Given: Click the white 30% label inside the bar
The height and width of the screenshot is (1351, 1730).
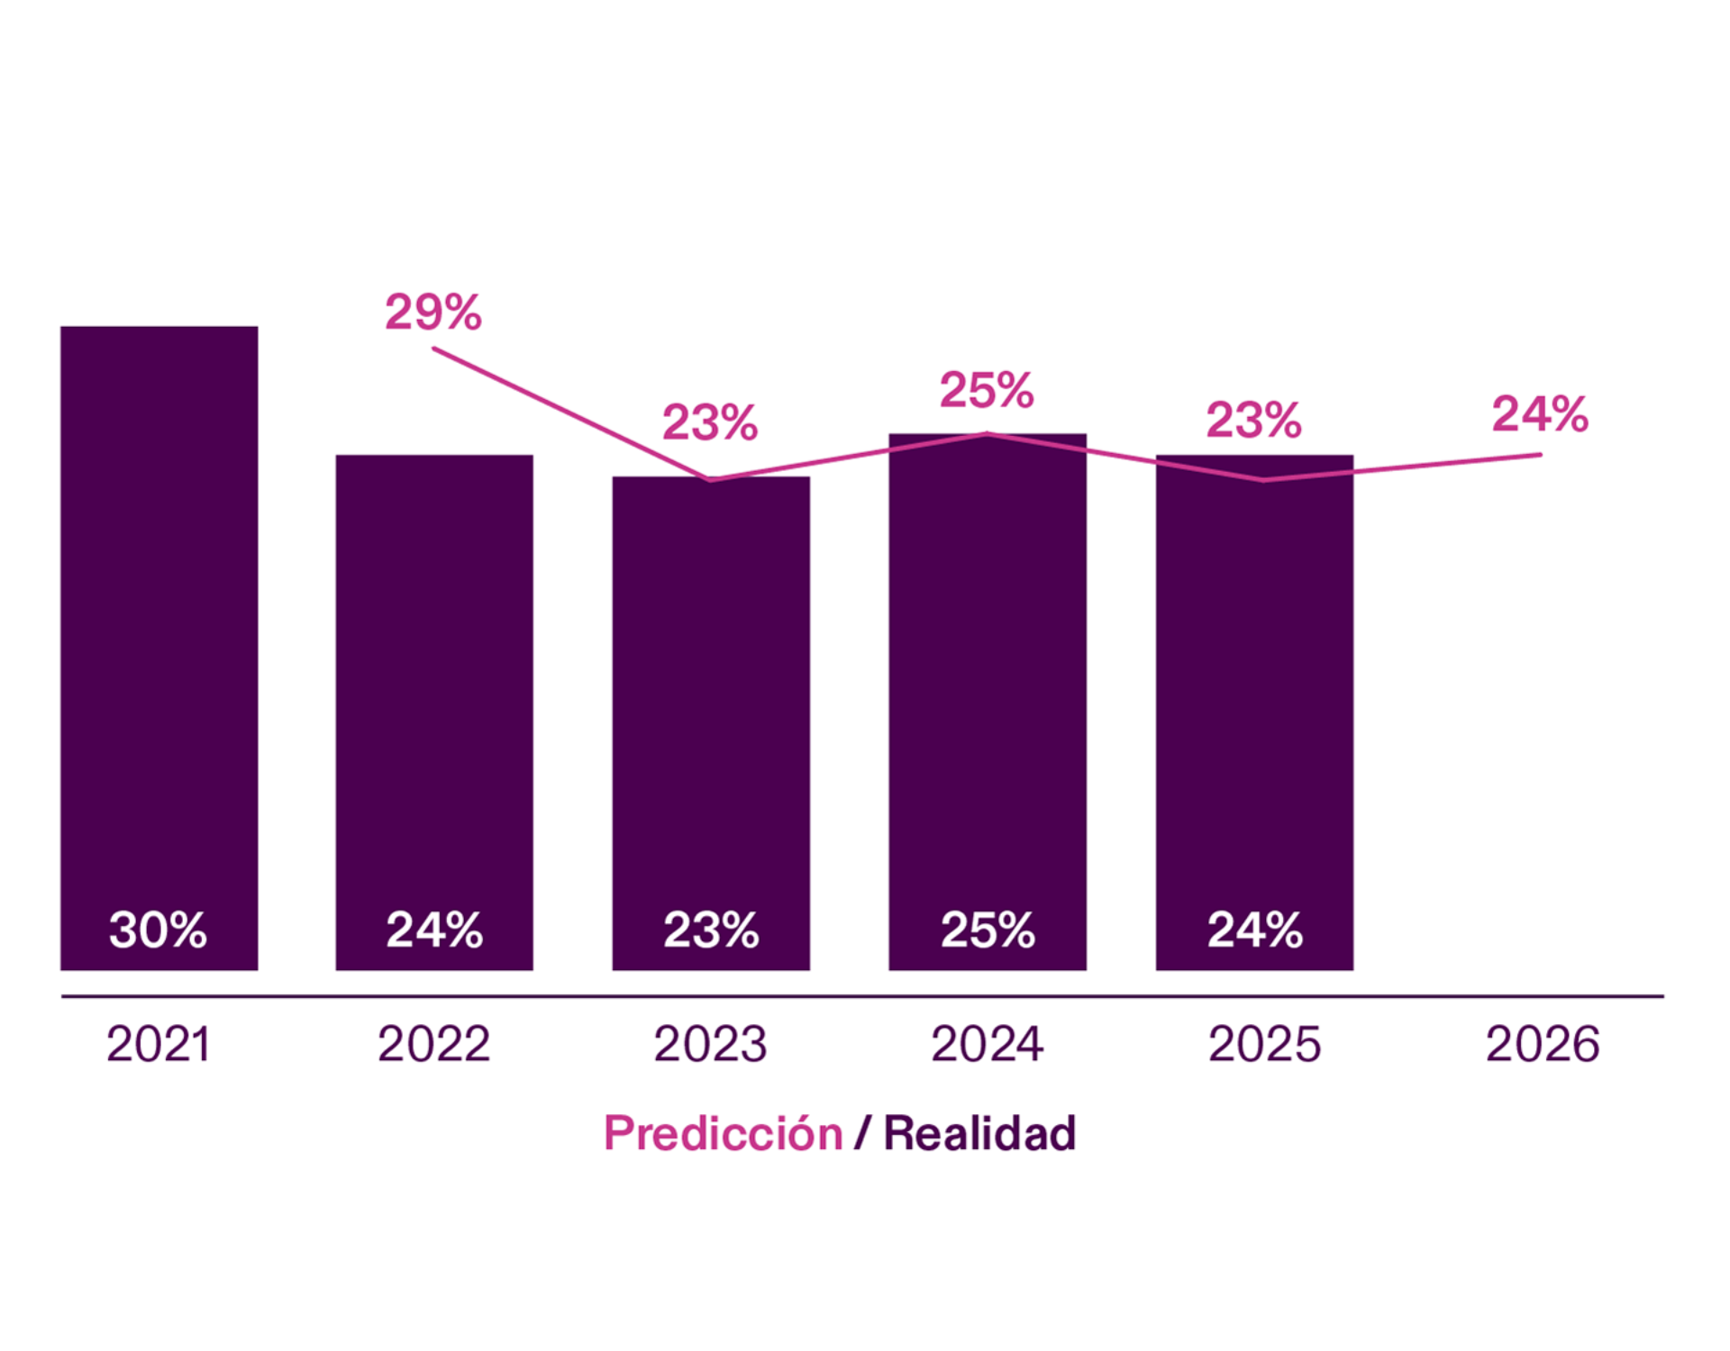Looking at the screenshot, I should [x=159, y=929].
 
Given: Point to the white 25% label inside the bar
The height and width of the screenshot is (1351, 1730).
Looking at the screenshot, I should [x=988, y=929].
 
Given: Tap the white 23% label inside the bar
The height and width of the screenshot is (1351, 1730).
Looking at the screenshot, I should [x=711, y=929].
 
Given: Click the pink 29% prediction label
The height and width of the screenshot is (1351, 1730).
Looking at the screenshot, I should [x=433, y=312].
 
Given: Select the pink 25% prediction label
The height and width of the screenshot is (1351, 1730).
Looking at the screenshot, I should [x=987, y=390].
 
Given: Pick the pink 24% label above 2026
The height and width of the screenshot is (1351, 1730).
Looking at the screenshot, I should [x=1540, y=414].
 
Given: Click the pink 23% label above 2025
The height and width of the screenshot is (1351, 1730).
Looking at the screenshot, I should [x=1254, y=420].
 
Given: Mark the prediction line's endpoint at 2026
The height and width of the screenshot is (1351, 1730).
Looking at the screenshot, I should [x=1540, y=455].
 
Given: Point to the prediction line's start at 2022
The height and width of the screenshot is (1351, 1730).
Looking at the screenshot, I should [x=434, y=349].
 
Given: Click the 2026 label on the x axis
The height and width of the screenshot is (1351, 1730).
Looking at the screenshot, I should [x=1543, y=1044].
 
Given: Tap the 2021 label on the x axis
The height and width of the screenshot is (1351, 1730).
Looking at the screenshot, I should [x=159, y=1044].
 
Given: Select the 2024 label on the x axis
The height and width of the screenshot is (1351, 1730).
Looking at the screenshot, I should [x=988, y=1044].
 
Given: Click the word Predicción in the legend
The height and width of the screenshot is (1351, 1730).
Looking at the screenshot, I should [x=724, y=1133].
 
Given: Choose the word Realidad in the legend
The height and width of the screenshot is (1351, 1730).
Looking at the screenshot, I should [x=980, y=1133].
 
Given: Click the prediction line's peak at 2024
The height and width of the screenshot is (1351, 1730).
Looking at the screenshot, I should [x=988, y=434].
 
